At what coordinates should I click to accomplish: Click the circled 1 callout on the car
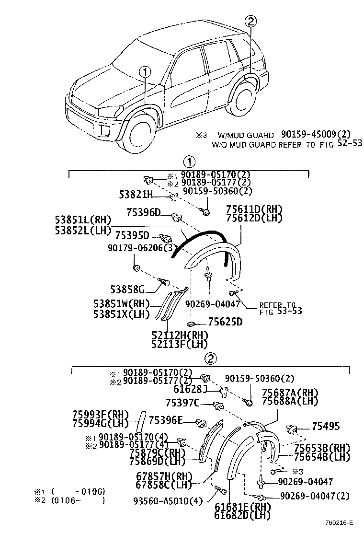(145, 72)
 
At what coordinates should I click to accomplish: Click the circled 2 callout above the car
(251, 21)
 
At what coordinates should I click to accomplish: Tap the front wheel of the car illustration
(137, 136)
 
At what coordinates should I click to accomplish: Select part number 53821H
(136, 194)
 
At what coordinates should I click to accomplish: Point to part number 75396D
(144, 212)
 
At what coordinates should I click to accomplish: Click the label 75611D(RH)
(254, 209)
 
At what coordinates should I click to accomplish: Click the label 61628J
(190, 389)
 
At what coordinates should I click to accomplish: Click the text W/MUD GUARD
(246, 136)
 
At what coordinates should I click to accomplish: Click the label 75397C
(182, 404)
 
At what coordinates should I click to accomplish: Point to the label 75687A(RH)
(290, 393)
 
